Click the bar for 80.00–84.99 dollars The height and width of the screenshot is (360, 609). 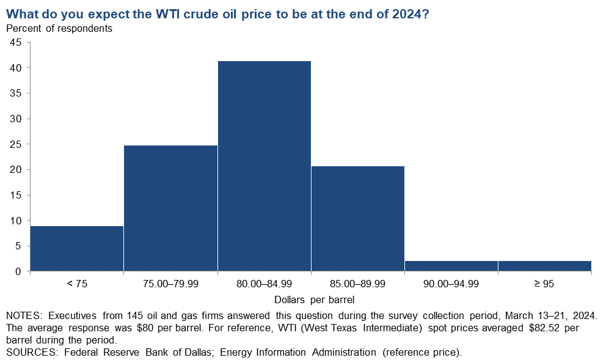click(264, 166)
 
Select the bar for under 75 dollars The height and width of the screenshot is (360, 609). click(77, 248)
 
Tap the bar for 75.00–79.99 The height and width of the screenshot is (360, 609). click(170, 208)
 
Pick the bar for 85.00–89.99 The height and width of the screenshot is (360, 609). click(358, 218)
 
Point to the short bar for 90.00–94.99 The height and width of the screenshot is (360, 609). click(451, 266)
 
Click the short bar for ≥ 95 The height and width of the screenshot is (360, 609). click(544, 266)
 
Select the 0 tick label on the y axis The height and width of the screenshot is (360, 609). click(18, 271)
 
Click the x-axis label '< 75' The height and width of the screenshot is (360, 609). click(77, 284)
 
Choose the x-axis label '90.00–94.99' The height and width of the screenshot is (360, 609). click(451, 284)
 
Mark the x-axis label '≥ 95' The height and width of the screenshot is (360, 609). click(544, 284)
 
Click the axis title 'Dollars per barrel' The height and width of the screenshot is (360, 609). click(314, 299)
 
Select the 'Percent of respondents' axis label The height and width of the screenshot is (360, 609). click(59, 28)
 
